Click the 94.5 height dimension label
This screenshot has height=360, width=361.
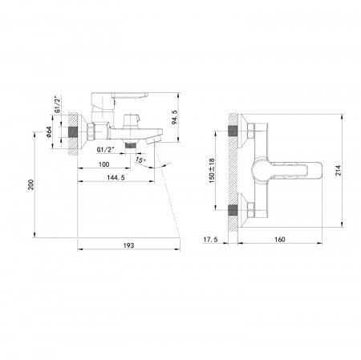click(175, 117)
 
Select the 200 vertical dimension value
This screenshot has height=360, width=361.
click(31, 184)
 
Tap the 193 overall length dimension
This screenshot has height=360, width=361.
click(128, 245)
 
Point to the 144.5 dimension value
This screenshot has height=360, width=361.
click(116, 177)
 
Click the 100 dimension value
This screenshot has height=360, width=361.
click(103, 164)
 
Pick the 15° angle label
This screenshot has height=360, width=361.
click(140, 160)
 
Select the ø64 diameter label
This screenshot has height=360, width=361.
click(49, 131)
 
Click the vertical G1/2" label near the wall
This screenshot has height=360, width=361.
click(57, 104)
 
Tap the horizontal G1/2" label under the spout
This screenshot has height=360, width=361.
click(105, 150)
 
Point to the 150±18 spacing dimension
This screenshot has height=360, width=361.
click(212, 171)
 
